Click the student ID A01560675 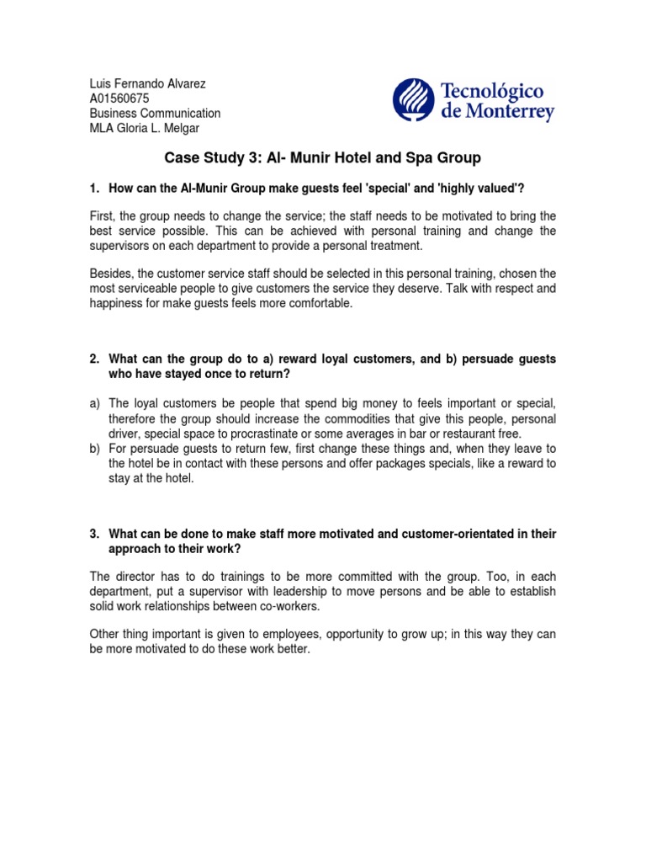(119, 98)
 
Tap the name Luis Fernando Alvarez (148, 83)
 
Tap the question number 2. (94, 359)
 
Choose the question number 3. (94, 535)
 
